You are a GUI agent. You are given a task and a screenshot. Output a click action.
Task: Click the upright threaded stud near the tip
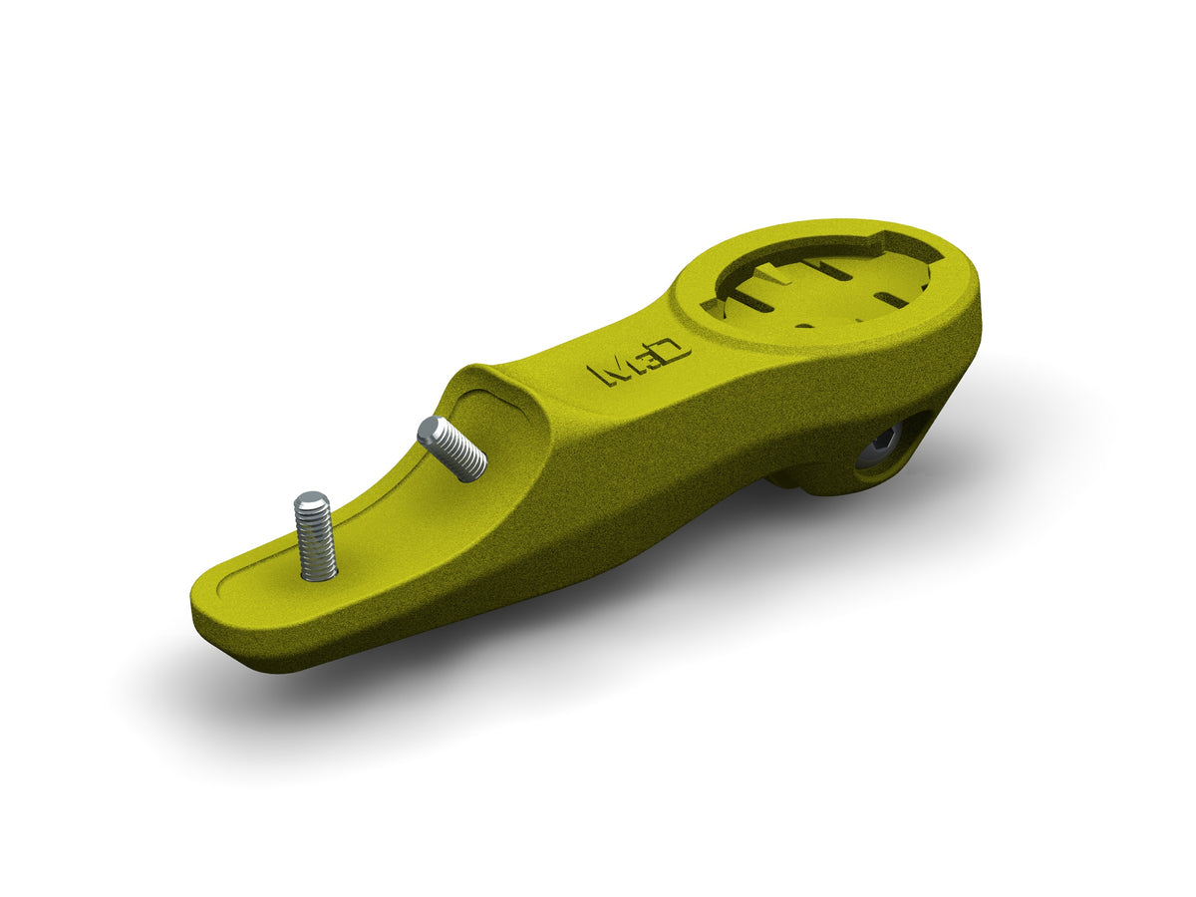coord(315,538)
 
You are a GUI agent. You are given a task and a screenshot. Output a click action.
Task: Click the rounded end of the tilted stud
coord(430,430)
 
